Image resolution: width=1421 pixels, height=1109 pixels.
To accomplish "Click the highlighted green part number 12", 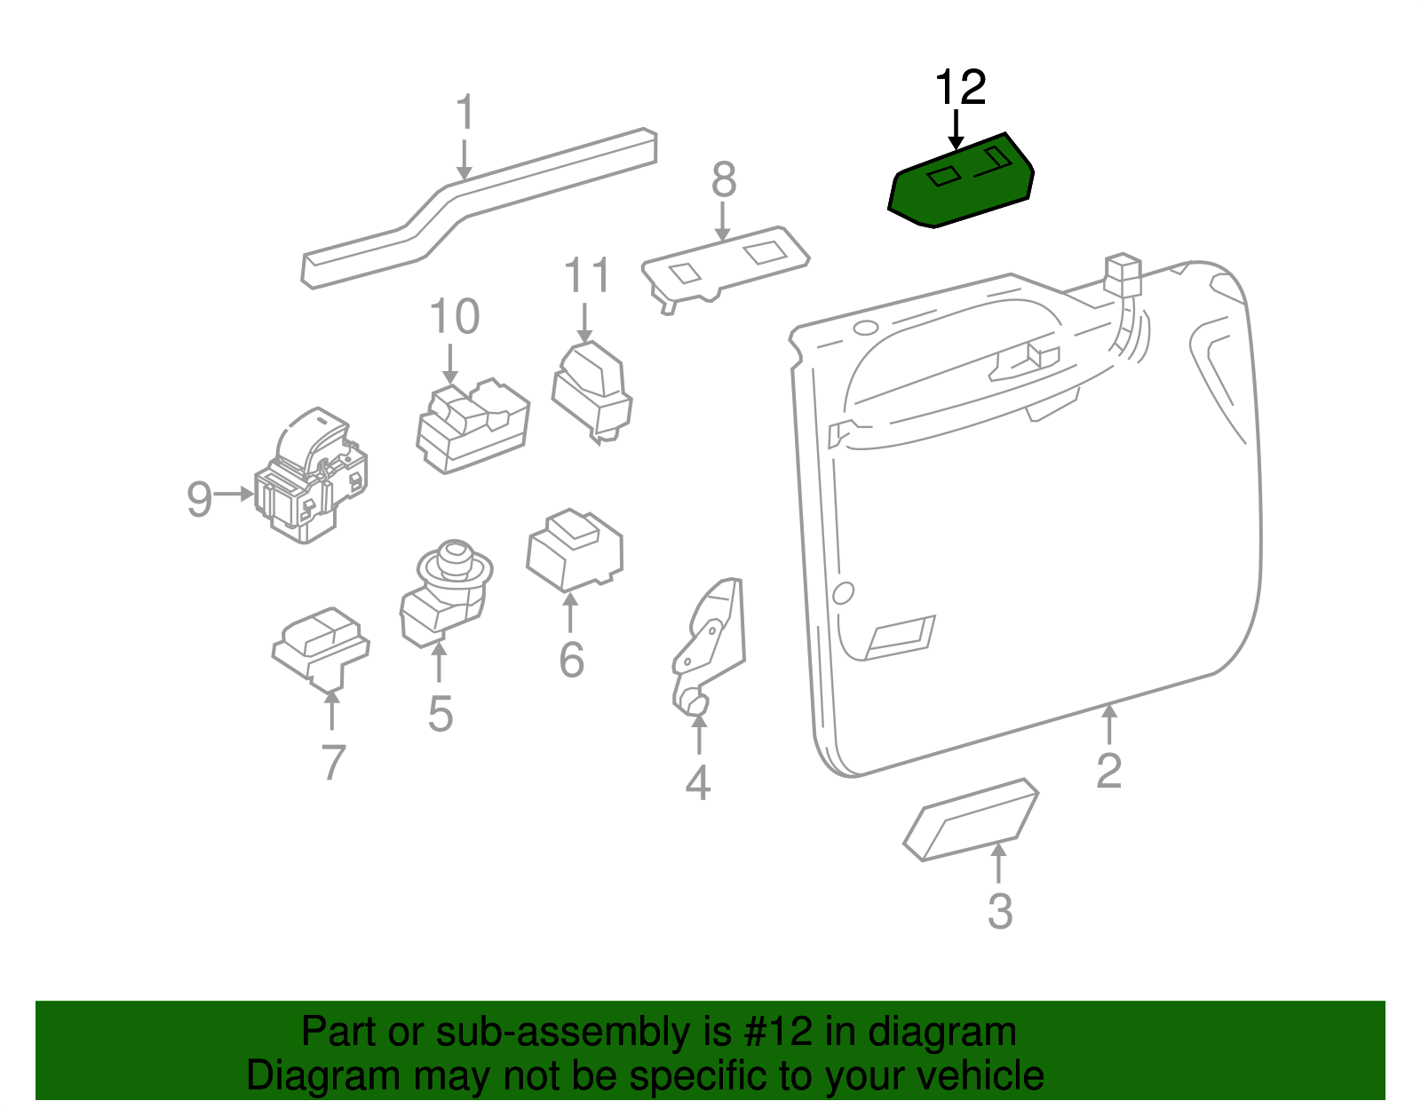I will [961, 185].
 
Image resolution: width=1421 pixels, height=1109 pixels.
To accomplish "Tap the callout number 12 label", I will [960, 89].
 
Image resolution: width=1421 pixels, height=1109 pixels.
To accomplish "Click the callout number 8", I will [724, 180].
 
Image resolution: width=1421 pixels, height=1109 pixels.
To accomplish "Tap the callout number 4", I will [698, 782].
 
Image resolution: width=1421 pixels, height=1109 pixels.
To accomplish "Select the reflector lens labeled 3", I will [971, 820].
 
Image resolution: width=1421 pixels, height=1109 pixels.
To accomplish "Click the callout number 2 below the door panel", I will [1108, 770].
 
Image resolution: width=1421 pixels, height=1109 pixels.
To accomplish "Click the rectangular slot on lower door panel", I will [900, 637].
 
